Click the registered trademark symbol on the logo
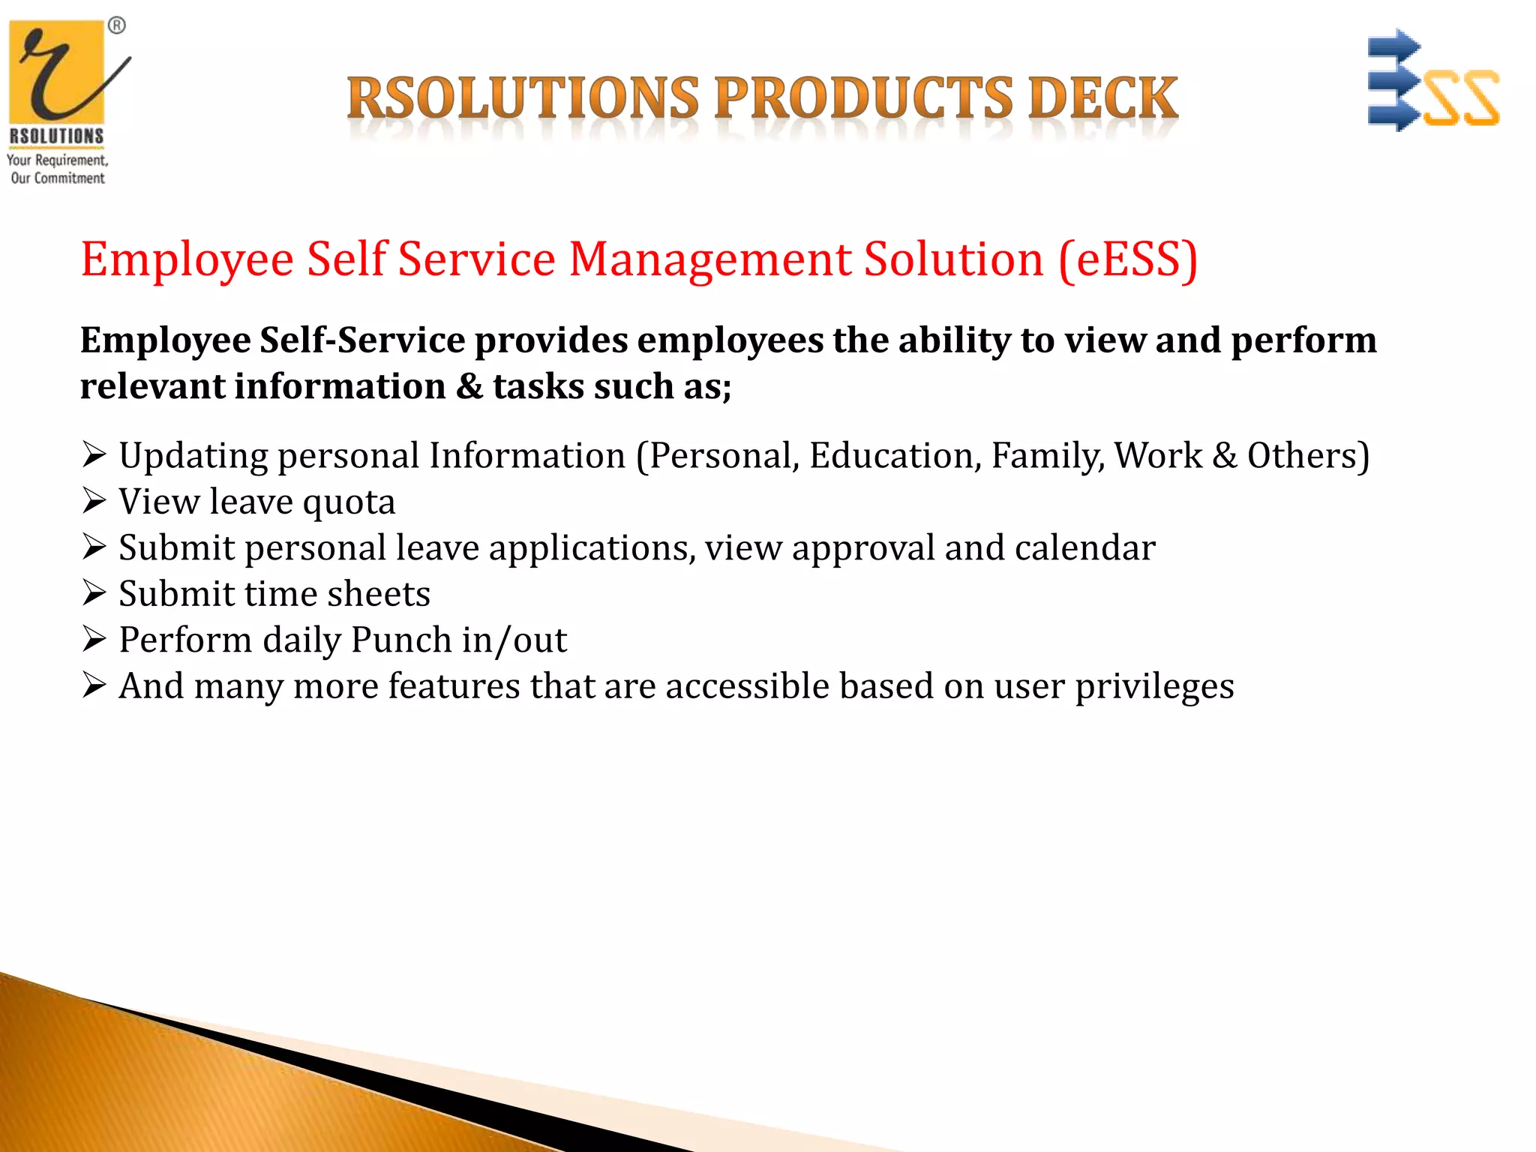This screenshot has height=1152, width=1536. coord(117,26)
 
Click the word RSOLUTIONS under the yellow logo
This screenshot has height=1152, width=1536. coord(56,136)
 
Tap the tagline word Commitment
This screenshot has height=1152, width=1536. coord(69,178)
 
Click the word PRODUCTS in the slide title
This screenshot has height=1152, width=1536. coord(863,99)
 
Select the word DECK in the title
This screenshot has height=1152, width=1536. coord(1103,99)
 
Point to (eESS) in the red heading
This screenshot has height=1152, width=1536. coord(1128,259)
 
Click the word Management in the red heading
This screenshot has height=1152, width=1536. coord(710,259)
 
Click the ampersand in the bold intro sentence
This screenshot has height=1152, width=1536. coord(469,387)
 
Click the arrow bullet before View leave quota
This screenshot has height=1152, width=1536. coord(94,501)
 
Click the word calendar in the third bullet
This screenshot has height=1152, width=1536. coord(1084,548)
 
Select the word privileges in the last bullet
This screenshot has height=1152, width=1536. coord(1154,687)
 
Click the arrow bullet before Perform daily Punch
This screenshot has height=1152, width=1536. coord(94,639)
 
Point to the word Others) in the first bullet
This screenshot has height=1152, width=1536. coord(1308,456)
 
